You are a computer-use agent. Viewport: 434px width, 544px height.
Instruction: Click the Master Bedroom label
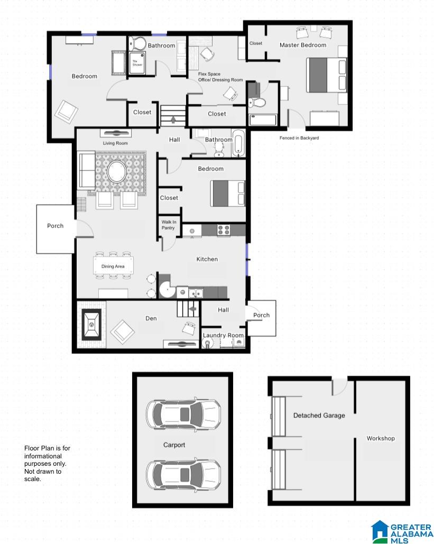pos(302,45)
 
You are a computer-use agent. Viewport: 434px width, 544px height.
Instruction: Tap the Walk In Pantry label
pos(168,225)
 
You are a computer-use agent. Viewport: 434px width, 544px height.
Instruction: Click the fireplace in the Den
pos(91,325)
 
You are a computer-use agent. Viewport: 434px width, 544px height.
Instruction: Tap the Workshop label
pos(381,438)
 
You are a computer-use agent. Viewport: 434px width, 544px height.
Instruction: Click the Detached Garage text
pos(319,416)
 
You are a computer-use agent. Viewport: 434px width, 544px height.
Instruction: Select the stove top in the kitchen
pos(224,230)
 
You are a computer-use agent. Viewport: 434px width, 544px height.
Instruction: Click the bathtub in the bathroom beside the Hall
pos(238,143)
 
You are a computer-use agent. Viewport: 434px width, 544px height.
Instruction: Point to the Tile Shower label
pos(137,63)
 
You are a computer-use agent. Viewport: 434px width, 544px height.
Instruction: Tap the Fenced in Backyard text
pos(299,138)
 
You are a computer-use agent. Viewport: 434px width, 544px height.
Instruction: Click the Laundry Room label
pos(223,335)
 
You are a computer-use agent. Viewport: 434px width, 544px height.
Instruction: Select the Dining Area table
pos(113,266)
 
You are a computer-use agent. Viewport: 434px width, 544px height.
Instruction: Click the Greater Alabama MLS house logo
pos(380,531)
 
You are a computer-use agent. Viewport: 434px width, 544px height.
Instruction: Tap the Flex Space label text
pos(209,74)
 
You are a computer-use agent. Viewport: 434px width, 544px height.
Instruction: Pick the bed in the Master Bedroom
pos(326,75)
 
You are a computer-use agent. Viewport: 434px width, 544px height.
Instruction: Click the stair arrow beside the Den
pos(192,308)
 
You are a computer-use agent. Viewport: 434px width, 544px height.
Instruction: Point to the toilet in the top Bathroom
pos(138,43)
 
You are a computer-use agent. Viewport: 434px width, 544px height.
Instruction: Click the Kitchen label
pos(207,259)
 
